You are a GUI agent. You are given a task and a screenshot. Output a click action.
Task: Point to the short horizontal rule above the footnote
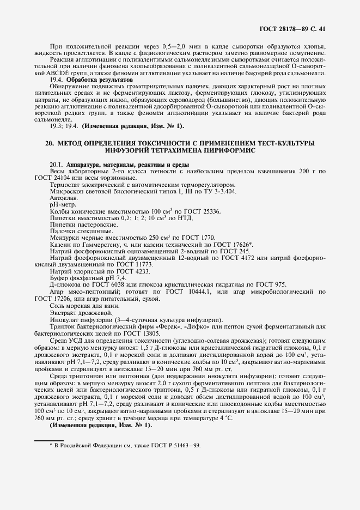(x=50, y=439)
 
